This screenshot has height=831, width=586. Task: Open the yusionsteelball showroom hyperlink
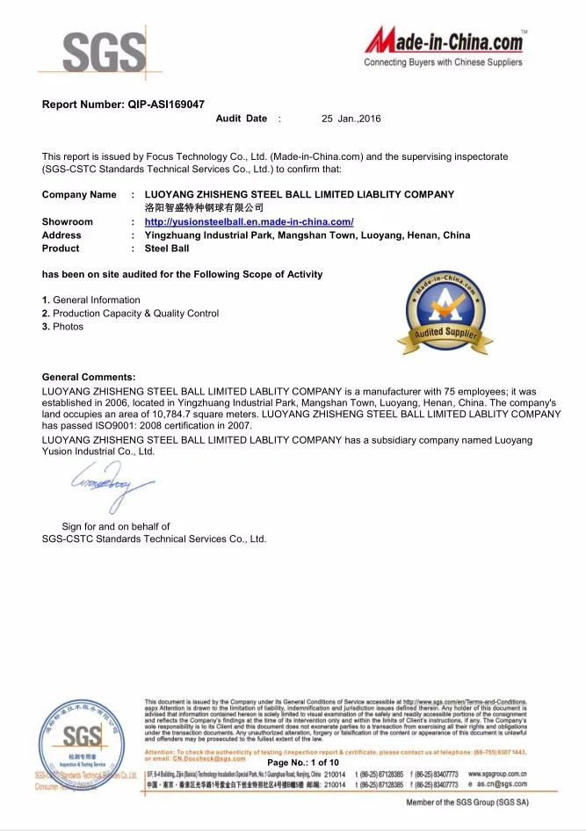point(249,222)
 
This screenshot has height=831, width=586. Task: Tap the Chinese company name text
point(204,207)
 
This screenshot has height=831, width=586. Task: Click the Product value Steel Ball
point(167,249)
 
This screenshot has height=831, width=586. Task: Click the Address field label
point(61,235)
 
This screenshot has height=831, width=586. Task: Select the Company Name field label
point(79,194)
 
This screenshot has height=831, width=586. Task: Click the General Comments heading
point(89,377)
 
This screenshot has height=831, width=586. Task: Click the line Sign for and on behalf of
point(115,526)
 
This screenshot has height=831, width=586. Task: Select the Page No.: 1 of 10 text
point(303,787)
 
